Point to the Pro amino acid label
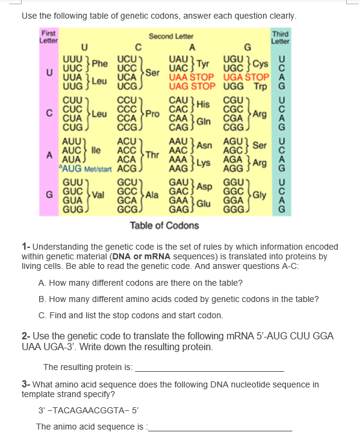click(152, 113)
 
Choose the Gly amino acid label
click(261, 193)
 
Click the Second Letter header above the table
click(171, 37)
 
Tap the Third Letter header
click(281, 37)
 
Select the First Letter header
click(48, 36)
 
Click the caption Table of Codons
click(164, 226)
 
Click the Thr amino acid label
click(152, 154)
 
